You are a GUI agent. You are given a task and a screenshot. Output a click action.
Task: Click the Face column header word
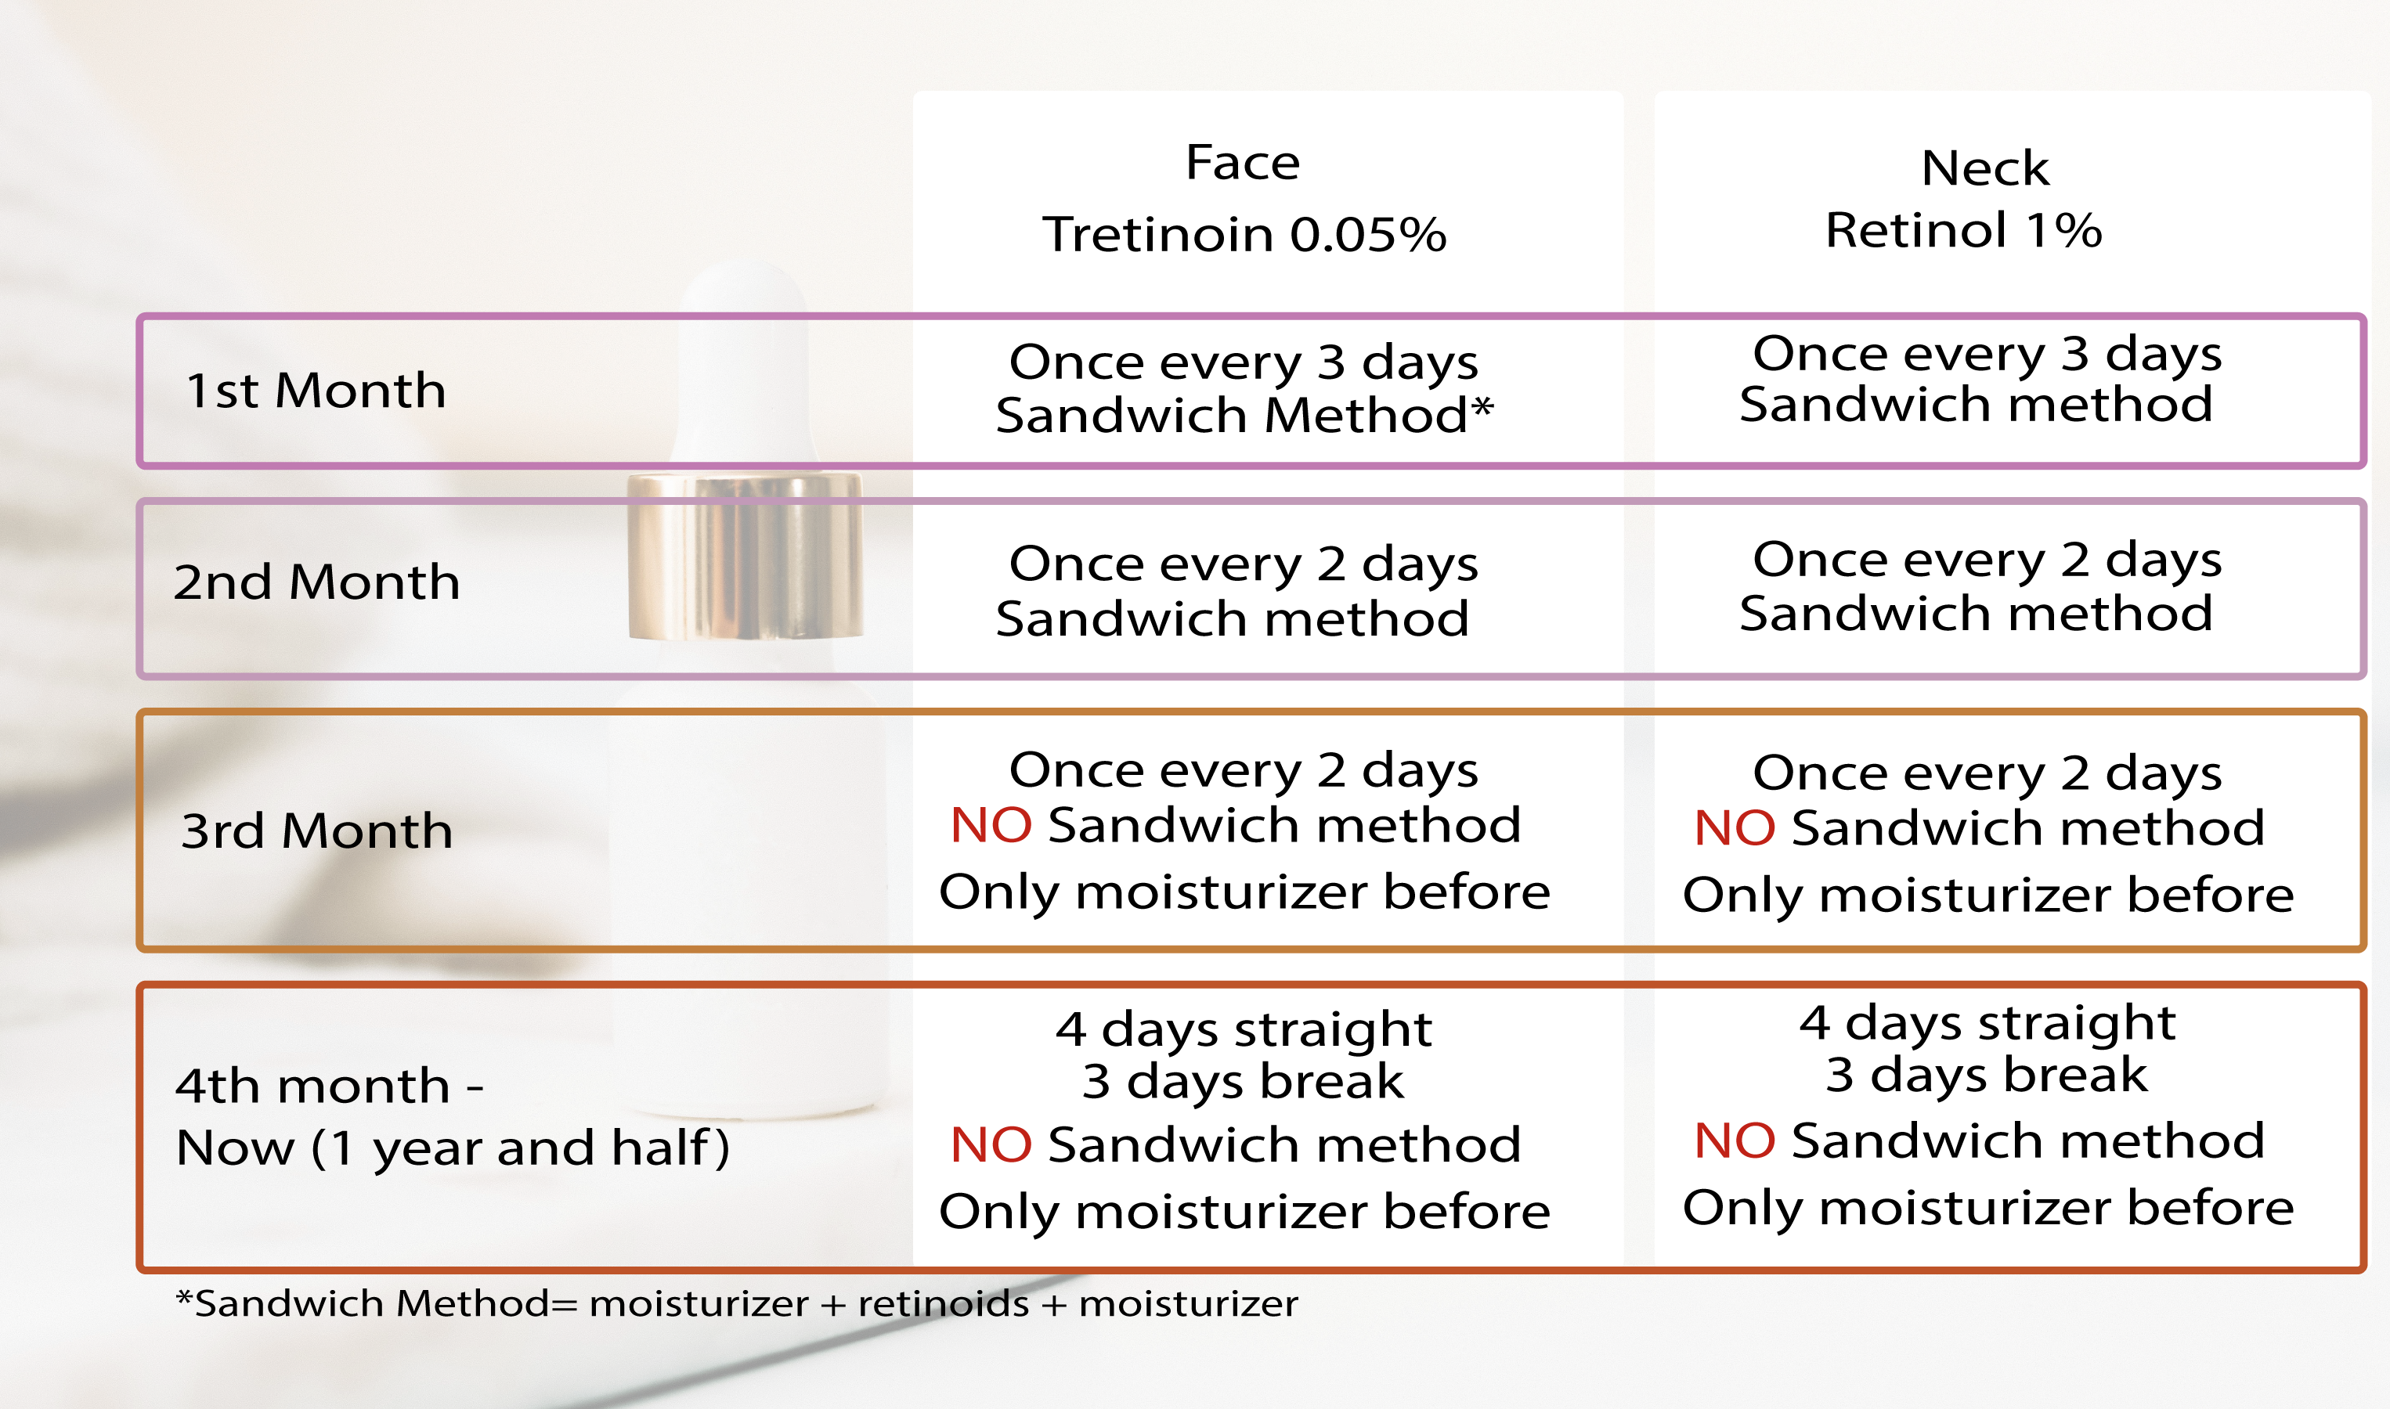click(x=1242, y=162)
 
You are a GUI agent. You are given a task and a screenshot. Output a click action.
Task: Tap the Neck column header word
click(x=1984, y=168)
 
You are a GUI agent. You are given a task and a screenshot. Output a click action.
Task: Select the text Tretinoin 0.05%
click(x=1244, y=235)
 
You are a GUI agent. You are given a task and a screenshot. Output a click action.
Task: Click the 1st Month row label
click(x=316, y=391)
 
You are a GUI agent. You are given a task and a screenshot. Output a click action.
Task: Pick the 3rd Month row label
click(x=316, y=831)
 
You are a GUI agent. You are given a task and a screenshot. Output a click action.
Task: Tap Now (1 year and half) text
click(x=453, y=1147)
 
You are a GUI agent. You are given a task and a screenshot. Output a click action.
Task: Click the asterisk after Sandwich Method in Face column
click(x=1482, y=409)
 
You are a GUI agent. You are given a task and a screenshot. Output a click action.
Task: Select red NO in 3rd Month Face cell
click(x=991, y=825)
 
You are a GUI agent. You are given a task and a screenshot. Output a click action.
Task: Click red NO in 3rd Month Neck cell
click(x=1734, y=828)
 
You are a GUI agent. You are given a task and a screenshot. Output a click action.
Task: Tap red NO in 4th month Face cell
click(x=991, y=1144)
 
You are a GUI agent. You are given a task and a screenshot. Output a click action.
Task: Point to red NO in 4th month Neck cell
click(x=1734, y=1141)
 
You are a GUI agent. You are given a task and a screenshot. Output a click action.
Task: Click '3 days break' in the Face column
click(x=1242, y=1082)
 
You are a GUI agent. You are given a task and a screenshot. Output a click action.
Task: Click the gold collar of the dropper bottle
click(x=746, y=557)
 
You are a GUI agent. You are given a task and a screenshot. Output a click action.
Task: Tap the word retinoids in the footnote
click(x=943, y=1303)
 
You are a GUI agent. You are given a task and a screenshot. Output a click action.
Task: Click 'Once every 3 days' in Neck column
click(x=1987, y=354)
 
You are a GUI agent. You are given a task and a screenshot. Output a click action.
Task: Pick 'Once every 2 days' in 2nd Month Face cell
click(x=1243, y=564)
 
